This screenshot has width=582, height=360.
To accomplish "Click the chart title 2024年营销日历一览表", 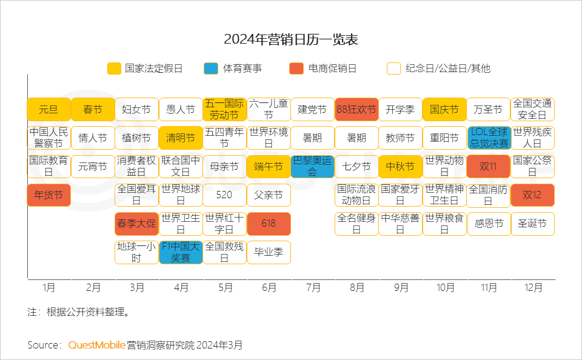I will (291, 40).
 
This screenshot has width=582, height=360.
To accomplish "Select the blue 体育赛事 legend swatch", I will (211, 68).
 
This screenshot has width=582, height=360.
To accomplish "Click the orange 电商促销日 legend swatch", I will (296, 68).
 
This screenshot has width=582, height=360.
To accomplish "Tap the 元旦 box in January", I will (48, 110).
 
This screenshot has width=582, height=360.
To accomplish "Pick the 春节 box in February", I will (93, 110).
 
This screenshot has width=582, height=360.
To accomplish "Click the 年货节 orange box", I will (48, 196).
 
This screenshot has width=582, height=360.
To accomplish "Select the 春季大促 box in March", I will (136, 224).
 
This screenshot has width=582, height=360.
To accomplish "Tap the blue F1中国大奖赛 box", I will (181, 252).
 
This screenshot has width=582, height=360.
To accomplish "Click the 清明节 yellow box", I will (181, 138).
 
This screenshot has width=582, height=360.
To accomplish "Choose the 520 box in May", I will (224, 196).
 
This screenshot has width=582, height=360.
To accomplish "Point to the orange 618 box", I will (269, 224).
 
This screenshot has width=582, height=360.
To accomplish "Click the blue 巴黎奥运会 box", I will (312, 167).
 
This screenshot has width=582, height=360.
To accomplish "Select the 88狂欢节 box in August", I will (356, 110).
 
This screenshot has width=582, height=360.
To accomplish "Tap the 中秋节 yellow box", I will (400, 167).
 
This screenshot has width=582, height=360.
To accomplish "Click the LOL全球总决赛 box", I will (489, 138).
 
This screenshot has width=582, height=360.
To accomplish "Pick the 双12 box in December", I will (532, 196).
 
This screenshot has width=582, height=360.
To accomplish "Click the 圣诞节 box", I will (532, 224).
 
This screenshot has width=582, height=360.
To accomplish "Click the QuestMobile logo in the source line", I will (96, 345).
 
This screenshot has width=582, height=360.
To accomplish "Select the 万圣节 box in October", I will (489, 110).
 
